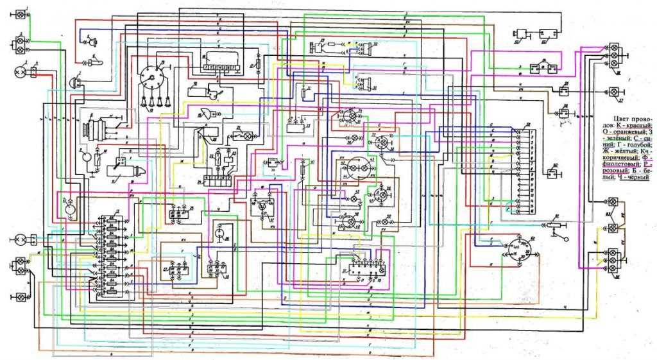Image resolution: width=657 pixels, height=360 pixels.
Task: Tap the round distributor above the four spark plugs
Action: [152, 76]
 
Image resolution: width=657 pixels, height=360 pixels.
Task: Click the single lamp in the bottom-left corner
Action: [20, 298]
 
